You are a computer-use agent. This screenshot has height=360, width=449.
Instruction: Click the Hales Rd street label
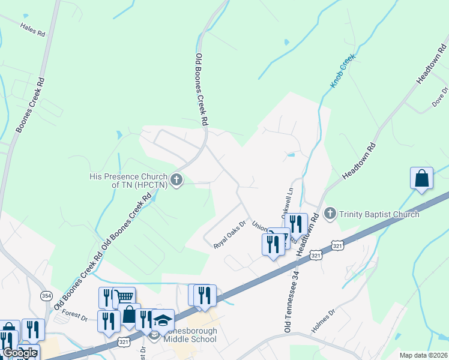[x=33, y=30]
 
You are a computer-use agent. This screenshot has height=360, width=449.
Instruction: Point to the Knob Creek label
[x=343, y=71]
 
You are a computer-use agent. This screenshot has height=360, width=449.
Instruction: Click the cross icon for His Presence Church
[x=176, y=180]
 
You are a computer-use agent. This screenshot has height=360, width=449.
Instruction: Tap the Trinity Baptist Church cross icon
[x=330, y=214]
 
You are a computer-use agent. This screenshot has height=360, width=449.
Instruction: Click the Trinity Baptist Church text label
[x=379, y=214]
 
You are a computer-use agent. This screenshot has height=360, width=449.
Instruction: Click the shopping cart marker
[x=124, y=297]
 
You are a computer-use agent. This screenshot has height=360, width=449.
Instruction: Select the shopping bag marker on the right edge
[x=421, y=178]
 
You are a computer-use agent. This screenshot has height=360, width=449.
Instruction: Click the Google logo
[x=19, y=353]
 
